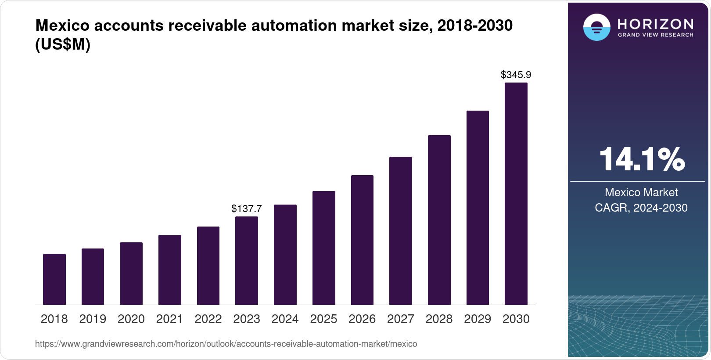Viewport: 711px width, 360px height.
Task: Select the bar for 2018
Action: [x=54, y=279]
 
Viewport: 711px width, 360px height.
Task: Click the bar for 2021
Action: [x=170, y=270]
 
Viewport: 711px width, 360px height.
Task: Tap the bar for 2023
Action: [x=247, y=260]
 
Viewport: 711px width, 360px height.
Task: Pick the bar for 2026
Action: [x=362, y=240]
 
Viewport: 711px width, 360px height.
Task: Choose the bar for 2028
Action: [x=439, y=220]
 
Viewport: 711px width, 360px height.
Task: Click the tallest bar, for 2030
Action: [x=516, y=194]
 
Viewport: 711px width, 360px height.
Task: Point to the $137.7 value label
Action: [x=247, y=209]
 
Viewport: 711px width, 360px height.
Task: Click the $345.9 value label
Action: [x=516, y=75]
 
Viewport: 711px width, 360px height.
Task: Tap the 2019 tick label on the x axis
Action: [x=93, y=319]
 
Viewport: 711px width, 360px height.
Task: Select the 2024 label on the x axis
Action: [x=285, y=319]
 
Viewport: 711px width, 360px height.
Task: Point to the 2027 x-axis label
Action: [x=401, y=319]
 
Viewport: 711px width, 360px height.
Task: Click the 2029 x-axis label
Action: [x=478, y=319]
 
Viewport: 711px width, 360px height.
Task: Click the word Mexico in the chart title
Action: [x=62, y=25]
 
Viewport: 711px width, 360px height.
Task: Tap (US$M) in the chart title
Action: [x=63, y=44]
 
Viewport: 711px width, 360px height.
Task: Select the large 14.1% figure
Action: [x=641, y=159]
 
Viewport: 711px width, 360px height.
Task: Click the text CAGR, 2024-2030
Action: [x=641, y=208]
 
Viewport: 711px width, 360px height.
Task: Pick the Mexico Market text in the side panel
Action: [x=641, y=192]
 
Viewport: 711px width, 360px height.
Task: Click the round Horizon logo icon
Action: [x=596, y=27]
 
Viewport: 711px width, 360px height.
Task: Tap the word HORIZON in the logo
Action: [x=655, y=24]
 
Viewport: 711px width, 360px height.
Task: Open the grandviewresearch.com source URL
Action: [x=226, y=344]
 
